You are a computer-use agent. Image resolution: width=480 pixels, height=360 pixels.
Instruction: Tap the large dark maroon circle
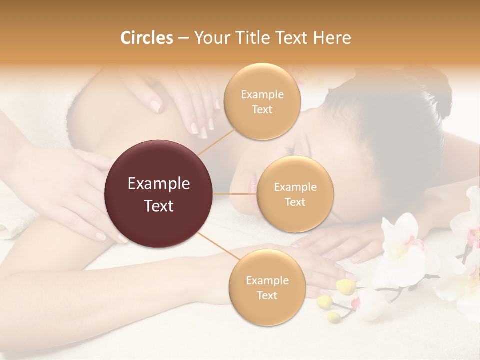click(x=159, y=194)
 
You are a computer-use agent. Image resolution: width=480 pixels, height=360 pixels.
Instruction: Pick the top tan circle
click(x=262, y=101)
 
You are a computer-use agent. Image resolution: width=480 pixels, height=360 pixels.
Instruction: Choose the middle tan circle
click(x=295, y=194)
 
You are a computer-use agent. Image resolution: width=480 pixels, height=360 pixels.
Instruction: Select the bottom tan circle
click(x=267, y=287)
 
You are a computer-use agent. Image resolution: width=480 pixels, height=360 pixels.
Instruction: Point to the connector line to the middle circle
click(x=235, y=194)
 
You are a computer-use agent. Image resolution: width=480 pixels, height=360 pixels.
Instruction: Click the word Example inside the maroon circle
click(x=159, y=184)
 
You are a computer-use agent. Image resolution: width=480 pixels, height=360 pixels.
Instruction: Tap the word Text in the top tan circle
click(x=262, y=109)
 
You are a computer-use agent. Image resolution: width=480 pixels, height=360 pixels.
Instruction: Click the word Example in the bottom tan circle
click(x=267, y=280)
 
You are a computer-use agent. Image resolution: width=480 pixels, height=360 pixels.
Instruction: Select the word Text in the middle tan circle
click(x=295, y=202)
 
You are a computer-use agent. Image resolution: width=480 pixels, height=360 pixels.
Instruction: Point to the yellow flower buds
click(x=345, y=286)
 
